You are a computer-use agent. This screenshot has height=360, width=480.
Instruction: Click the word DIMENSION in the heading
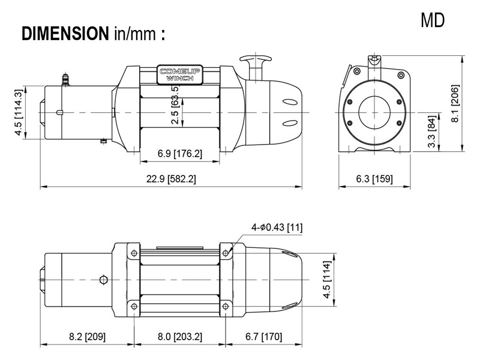point(65,34)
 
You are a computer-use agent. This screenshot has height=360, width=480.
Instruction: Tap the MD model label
point(432,20)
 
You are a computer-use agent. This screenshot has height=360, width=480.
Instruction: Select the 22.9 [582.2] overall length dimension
point(171,178)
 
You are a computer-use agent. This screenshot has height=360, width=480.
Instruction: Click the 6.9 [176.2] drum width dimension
point(179,153)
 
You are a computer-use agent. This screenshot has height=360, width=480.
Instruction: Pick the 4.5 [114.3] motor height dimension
point(19,112)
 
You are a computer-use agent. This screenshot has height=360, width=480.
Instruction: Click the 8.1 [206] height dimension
point(455,103)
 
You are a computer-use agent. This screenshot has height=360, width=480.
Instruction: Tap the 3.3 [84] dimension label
point(431,131)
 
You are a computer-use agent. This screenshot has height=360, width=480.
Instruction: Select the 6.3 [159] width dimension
point(374,178)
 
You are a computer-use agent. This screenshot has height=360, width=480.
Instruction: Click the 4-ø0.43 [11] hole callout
point(277,227)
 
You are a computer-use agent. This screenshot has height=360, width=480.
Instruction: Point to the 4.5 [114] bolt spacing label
point(327,280)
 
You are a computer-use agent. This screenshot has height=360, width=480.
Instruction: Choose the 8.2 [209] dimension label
point(87,337)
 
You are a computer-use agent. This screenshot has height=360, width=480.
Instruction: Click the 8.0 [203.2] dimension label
point(180,337)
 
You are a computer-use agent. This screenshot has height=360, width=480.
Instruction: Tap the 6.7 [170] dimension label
point(263,337)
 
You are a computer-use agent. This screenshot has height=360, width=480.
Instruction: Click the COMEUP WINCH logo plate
point(179,74)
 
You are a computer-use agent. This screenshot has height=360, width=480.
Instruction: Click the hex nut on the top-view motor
point(104,280)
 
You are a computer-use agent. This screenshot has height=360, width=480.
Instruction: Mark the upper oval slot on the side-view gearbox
point(290,102)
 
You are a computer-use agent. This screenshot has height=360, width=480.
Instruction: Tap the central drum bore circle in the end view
point(374,112)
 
